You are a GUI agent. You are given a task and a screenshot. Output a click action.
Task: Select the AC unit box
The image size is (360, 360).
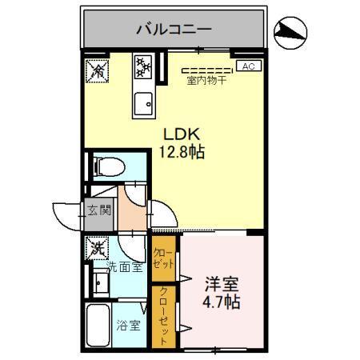pos(247,67)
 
